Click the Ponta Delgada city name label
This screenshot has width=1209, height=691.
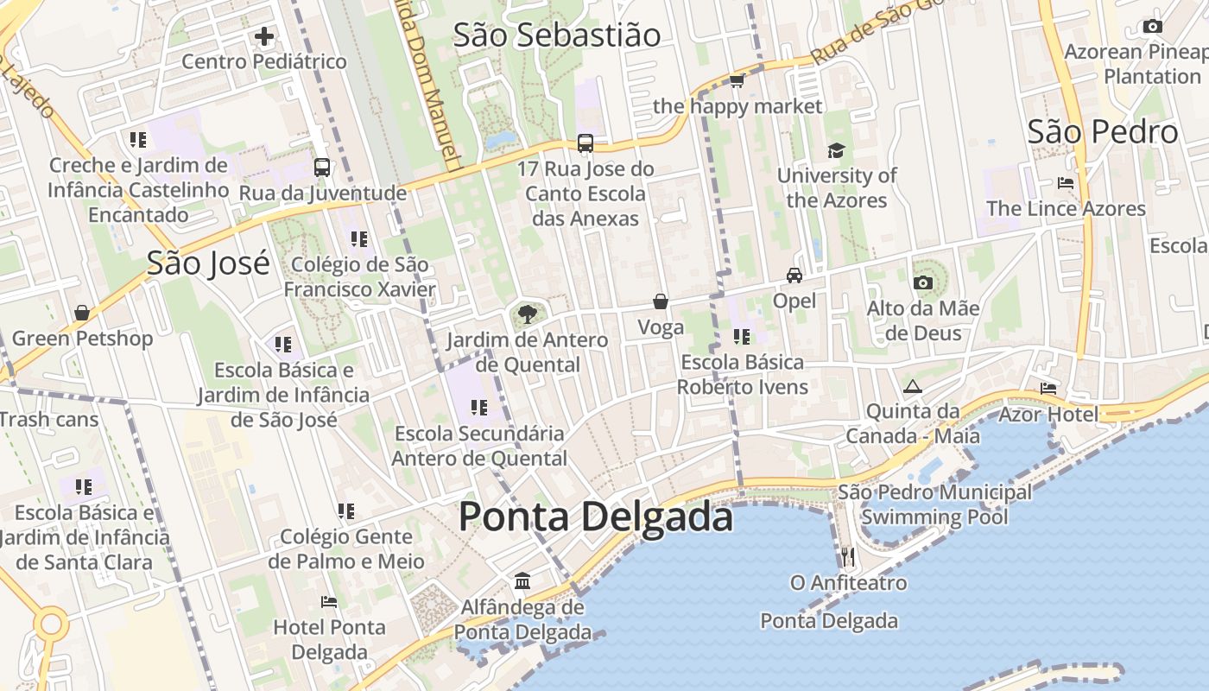595,517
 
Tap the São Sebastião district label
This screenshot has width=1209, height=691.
557,35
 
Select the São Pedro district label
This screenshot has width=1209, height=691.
1103,132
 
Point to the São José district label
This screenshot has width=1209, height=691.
208,263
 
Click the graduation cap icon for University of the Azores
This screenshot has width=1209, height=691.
836,151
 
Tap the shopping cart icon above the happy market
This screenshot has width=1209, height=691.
737,81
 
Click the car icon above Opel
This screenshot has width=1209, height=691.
794,276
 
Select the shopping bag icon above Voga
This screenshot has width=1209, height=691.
661,301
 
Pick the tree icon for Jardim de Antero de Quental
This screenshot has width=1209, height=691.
527,314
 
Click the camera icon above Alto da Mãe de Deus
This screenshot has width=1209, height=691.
922,282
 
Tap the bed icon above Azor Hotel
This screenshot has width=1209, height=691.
1048,389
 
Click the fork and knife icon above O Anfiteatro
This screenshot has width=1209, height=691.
848,557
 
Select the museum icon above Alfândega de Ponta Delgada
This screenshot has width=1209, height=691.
522,580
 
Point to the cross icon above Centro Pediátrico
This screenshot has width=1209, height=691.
264,36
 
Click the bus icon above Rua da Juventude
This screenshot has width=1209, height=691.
322,167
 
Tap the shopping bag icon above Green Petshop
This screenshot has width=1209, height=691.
82,313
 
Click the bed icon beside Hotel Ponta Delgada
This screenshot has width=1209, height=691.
328,601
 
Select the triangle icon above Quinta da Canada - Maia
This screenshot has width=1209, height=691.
913,386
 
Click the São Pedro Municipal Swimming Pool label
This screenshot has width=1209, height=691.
934,504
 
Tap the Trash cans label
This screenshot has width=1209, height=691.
49,420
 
